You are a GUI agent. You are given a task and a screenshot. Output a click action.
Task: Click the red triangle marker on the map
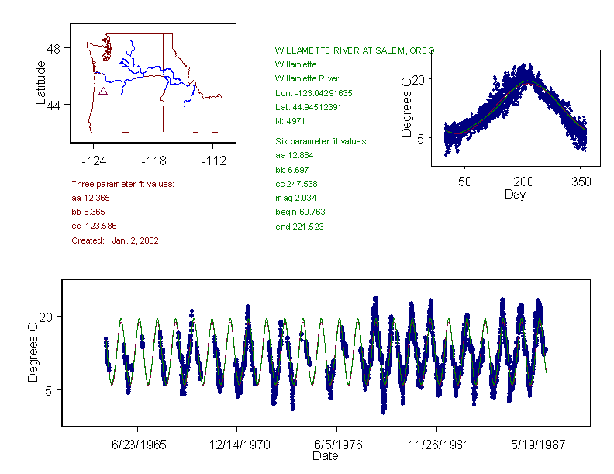(x=102, y=92)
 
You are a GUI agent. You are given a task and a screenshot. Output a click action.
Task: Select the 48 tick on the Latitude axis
(x=53, y=47)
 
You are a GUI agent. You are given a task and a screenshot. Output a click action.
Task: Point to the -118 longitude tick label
(x=153, y=161)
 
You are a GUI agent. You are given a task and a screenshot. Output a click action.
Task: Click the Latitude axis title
(x=41, y=82)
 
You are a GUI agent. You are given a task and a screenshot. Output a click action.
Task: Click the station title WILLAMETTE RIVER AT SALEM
(x=355, y=50)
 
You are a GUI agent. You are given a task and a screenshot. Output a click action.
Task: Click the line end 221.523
(x=299, y=227)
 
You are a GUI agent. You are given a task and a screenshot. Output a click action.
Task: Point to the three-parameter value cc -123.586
(x=94, y=227)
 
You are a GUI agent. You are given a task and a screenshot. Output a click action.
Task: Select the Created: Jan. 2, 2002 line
(x=115, y=240)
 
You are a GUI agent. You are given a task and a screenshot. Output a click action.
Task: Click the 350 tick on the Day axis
(x=581, y=182)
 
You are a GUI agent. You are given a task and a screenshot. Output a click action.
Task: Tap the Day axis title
(x=515, y=194)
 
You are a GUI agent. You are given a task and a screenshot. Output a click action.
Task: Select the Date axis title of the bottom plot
(x=325, y=456)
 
